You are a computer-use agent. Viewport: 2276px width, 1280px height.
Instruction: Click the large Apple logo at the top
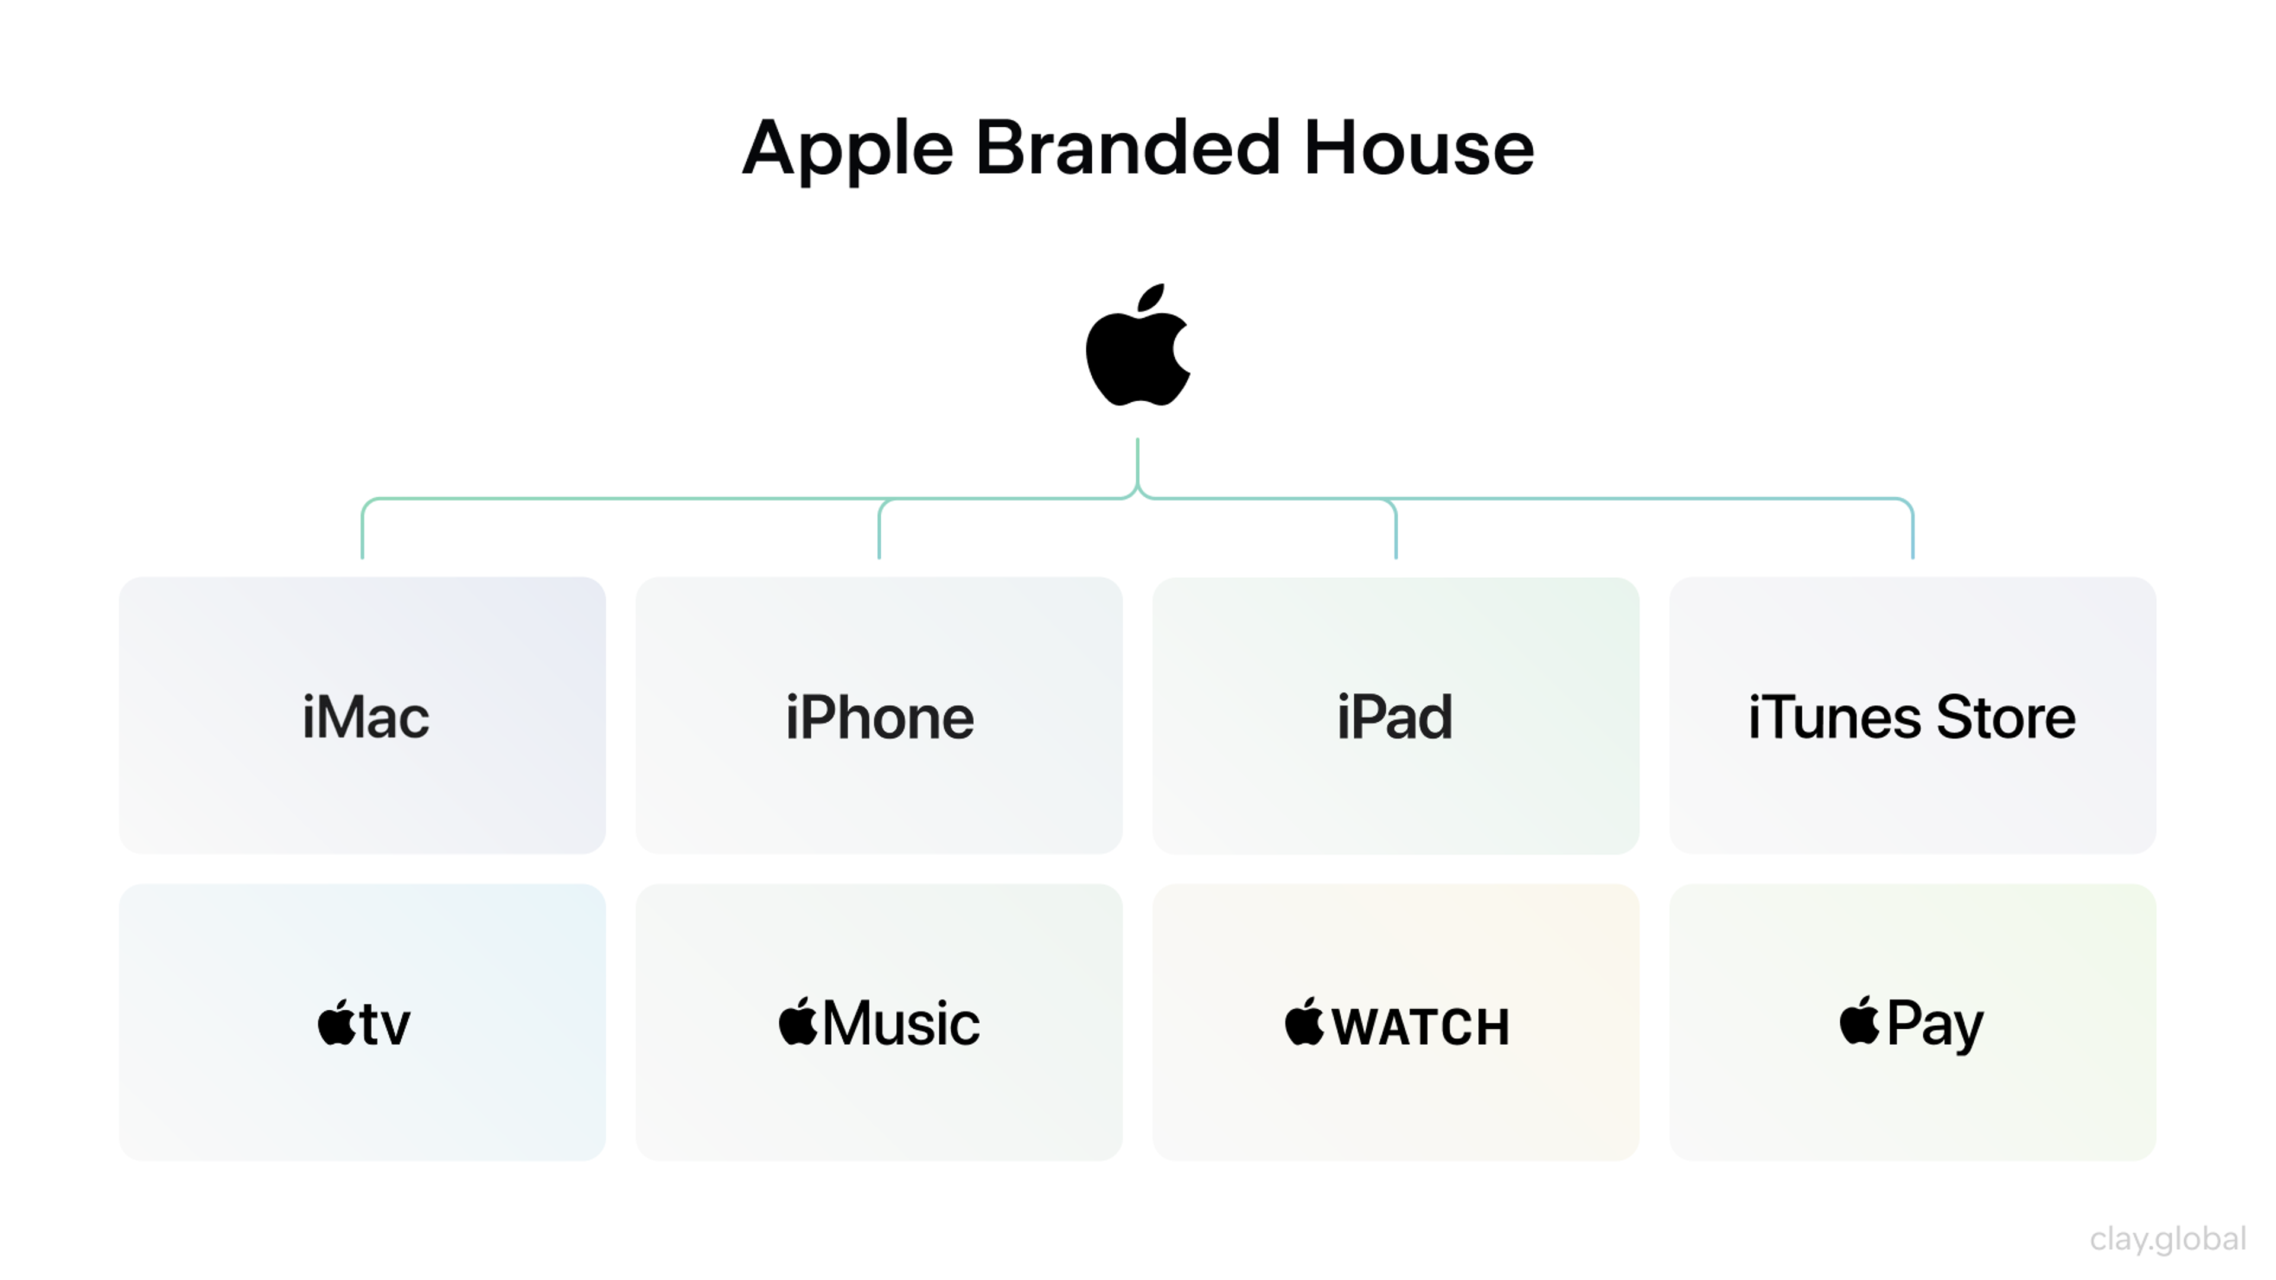[x=1137, y=353]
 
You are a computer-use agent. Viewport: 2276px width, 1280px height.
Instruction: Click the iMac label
[x=365, y=716]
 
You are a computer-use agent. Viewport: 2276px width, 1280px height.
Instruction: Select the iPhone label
[x=879, y=716]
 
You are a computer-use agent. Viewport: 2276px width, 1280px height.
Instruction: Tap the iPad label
[x=1394, y=716]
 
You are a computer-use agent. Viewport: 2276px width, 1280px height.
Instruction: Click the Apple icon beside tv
[x=335, y=1023]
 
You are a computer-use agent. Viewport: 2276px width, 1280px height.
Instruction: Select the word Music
[x=900, y=1023]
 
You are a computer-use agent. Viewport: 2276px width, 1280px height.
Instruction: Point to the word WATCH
[x=1420, y=1026]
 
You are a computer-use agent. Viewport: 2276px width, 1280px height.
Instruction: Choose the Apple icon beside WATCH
[x=1304, y=1022]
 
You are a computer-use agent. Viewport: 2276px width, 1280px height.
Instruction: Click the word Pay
[x=1935, y=1025]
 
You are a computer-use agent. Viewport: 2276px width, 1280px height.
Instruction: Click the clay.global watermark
[x=2168, y=1239]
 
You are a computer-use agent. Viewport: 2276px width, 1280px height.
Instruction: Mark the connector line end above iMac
[x=362, y=555]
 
